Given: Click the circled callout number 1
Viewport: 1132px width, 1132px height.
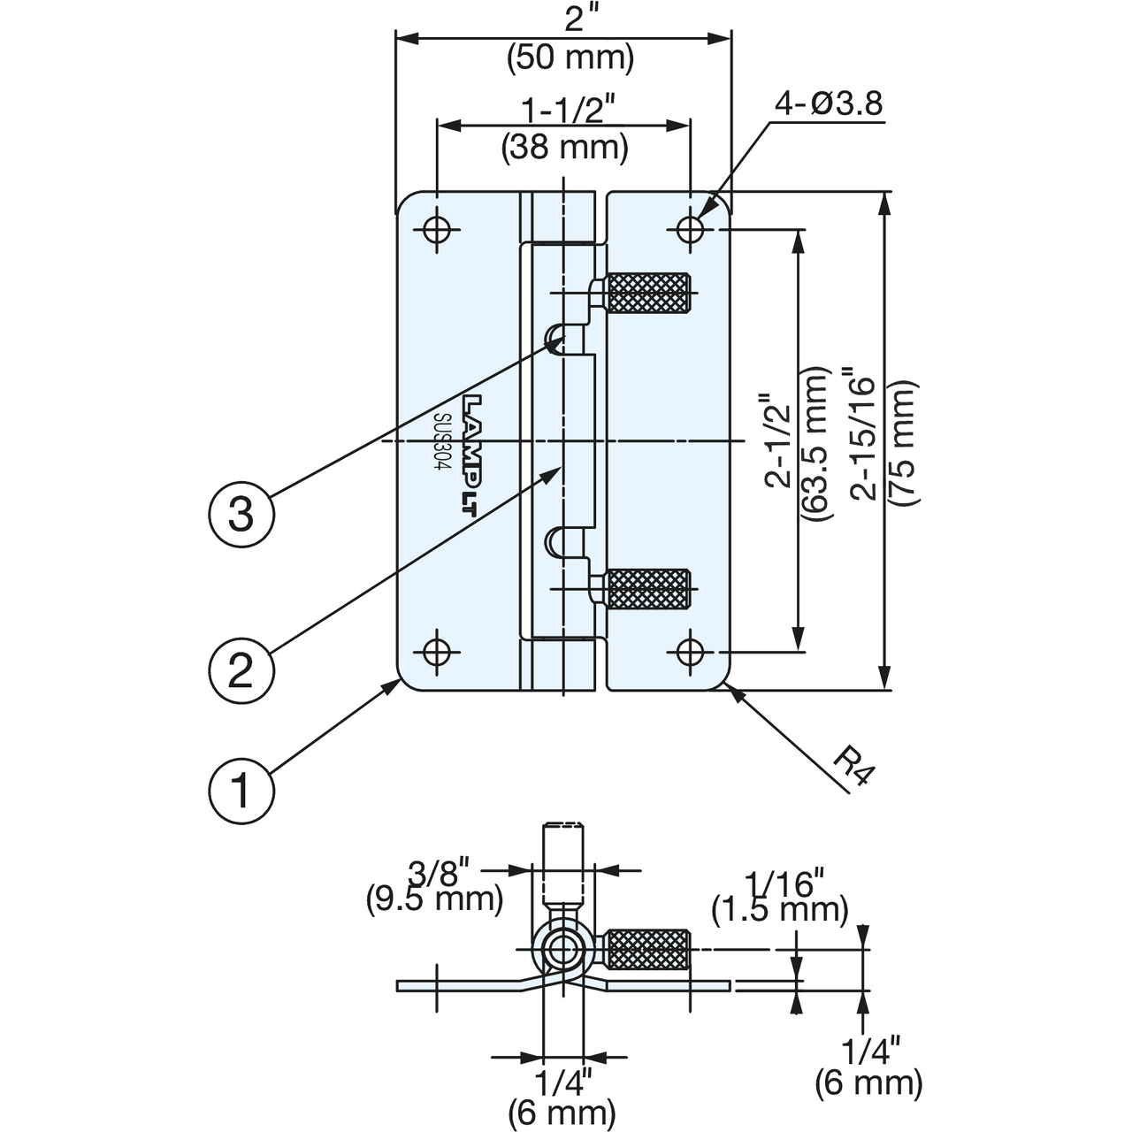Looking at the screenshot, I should point(240,790).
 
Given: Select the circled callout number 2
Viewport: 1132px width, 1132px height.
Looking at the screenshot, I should point(241,669).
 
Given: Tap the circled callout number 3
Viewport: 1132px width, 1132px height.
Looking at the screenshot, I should point(241,514).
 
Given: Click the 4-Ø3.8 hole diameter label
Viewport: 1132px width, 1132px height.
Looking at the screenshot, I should point(828,104).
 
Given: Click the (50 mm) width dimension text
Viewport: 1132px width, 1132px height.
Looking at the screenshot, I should point(570,57).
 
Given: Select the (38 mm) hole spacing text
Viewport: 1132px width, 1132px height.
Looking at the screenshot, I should point(564,146).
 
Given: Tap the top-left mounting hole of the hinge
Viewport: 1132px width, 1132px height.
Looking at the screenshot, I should point(436,230).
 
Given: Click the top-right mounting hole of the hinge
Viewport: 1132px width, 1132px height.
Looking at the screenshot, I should point(691,230).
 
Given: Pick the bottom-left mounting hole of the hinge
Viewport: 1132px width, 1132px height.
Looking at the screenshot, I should point(436,652).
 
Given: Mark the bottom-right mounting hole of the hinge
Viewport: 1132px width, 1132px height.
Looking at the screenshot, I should point(691,652).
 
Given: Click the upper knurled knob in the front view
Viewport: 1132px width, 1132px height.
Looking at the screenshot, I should point(646,293).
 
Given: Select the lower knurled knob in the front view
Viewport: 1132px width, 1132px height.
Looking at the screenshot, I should point(646,589).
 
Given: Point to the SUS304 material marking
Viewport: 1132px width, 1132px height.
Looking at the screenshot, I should point(444,442).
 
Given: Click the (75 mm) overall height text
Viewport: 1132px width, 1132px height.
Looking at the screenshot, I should point(902,442).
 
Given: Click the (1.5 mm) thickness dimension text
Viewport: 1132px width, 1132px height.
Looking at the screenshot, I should point(780,909).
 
